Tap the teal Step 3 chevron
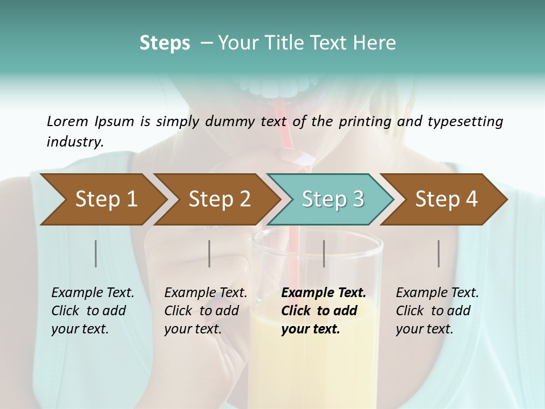click(333, 199)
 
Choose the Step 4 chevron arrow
click(446, 199)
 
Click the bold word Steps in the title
click(165, 43)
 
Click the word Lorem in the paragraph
click(67, 121)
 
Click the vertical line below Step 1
click(95, 253)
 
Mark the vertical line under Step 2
click(209, 253)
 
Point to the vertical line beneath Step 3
click(324, 253)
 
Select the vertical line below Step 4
click(438, 253)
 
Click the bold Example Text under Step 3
click(324, 293)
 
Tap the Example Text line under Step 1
click(93, 293)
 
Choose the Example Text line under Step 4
click(437, 293)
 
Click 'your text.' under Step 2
click(193, 329)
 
